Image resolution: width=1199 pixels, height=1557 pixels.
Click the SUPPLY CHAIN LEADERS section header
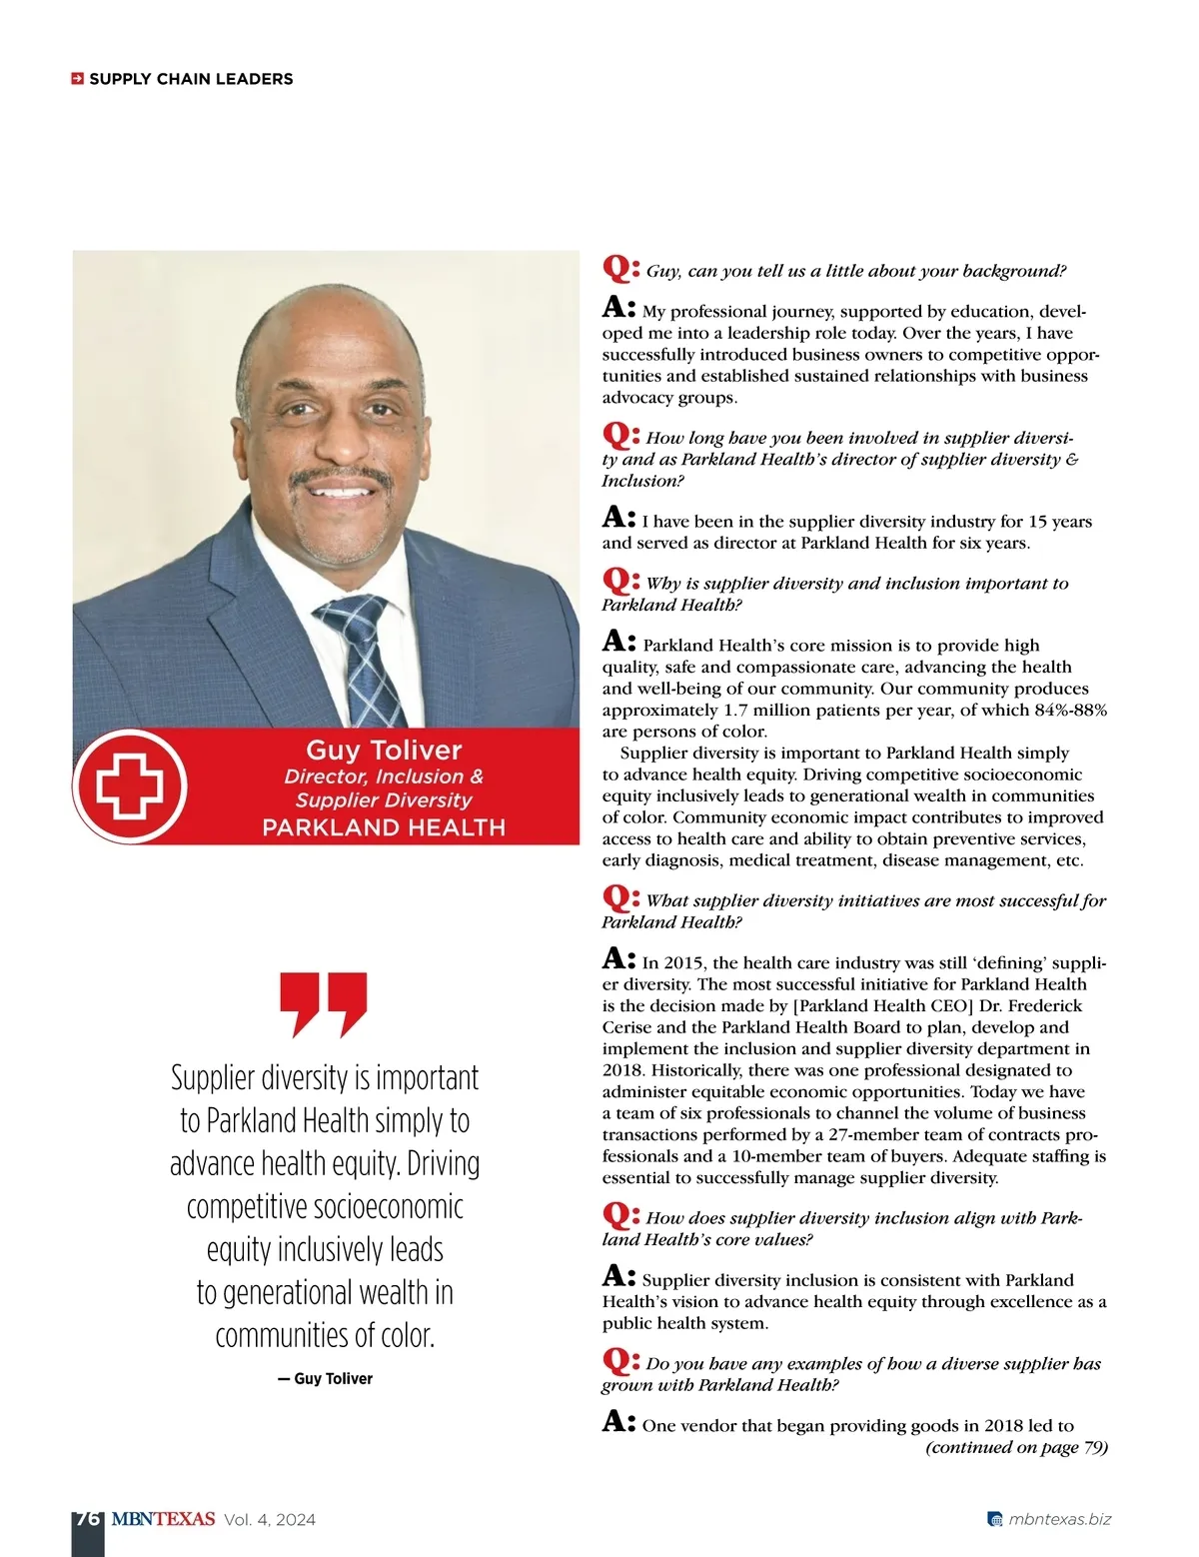point(191,79)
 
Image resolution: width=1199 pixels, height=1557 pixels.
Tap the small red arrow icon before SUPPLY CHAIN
point(77,79)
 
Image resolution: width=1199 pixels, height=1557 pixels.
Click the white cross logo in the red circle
point(129,786)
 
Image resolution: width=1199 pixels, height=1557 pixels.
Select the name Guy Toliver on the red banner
point(384,751)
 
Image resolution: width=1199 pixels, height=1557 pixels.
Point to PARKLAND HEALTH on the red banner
point(384,827)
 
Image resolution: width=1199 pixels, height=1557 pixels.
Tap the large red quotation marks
point(324,1003)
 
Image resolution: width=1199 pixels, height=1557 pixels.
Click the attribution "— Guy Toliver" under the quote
point(325,1378)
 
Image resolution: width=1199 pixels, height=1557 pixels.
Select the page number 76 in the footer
point(87,1519)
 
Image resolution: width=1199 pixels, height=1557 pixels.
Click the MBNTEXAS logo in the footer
point(163,1519)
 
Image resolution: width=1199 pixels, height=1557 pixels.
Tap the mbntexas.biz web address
point(1059,1520)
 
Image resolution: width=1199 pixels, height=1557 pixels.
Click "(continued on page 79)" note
point(1016,1447)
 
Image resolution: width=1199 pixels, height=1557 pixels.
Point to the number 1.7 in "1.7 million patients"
point(734,711)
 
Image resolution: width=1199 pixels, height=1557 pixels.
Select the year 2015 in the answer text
point(682,963)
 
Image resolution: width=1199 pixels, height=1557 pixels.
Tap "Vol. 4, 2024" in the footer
point(270,1520)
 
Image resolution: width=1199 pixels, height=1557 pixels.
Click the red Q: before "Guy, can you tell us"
point(620,269)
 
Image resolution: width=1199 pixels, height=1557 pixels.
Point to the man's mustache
point(340,476)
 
